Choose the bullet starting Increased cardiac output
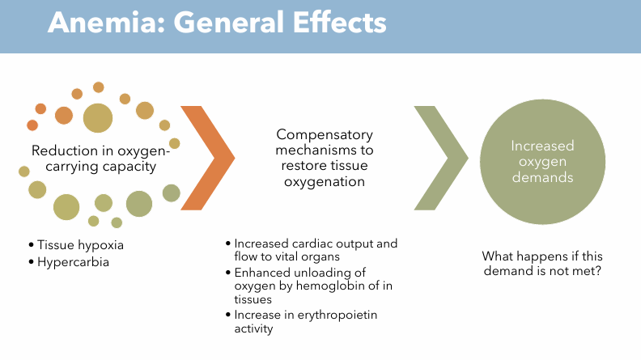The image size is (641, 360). click(x=316, y=250)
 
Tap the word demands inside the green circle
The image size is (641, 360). click(x=541, y=177)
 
